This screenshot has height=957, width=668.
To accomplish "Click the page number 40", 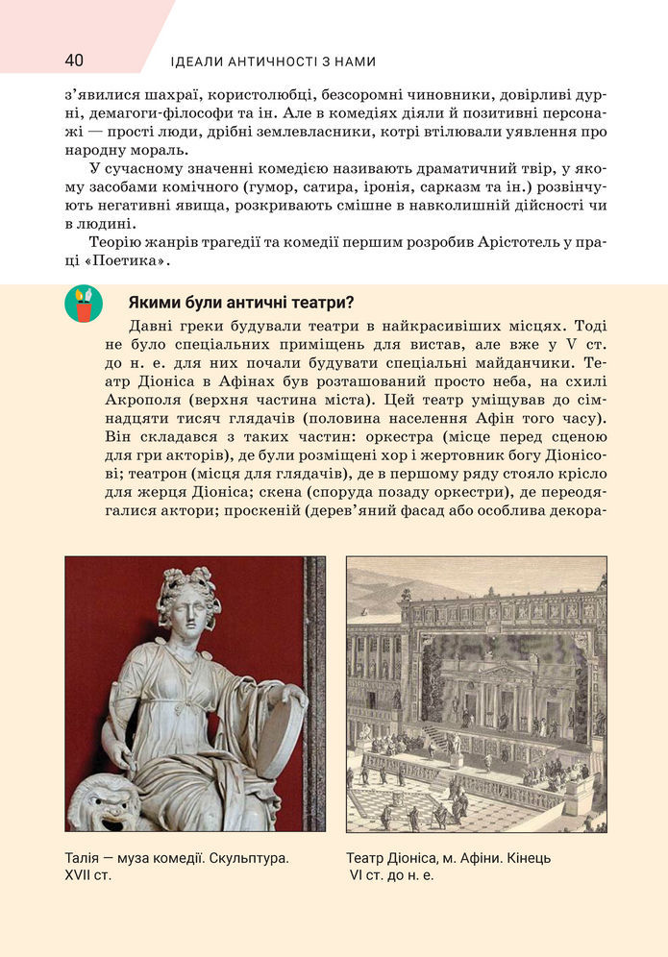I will pos(74,61).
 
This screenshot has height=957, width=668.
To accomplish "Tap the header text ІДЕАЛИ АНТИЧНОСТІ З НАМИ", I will pos(272,61).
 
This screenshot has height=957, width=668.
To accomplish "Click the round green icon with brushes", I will pos(84,304).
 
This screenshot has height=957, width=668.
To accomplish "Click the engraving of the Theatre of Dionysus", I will pos(476,694).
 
